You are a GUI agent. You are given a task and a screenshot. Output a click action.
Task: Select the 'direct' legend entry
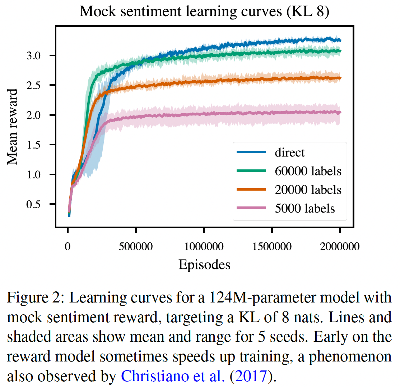[289, 152]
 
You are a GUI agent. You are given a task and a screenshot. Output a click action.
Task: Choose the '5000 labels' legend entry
[304, 208]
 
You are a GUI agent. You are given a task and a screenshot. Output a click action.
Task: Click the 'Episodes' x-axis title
[204, 265]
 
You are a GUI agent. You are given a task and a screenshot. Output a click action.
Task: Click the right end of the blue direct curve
[340, 40]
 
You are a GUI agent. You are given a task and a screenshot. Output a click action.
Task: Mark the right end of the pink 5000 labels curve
[340, 112]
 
